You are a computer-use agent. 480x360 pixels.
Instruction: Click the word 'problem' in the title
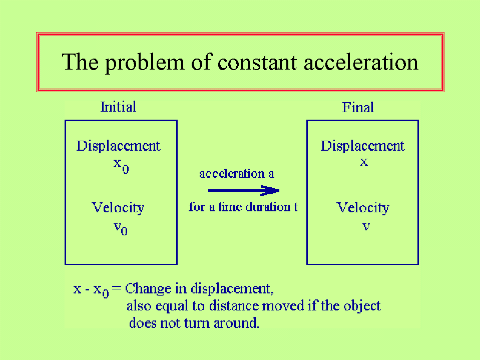pos(145,64)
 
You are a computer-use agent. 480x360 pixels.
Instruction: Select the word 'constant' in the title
pos(257,63)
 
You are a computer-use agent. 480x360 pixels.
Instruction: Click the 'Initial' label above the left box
pos(119,107)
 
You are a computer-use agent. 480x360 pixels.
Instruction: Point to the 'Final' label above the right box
pos(358,108)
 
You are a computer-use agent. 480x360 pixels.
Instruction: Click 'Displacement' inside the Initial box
pos(118,146)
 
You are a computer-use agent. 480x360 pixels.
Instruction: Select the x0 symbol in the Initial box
pos(121,166)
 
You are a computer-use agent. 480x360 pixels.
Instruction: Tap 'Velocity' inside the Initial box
pos(118,208)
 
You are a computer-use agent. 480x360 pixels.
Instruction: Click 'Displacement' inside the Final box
pos(362,146)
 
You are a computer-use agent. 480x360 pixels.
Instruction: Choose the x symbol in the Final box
pos(364,162)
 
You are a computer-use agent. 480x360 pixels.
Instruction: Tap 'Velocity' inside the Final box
pos(363,208)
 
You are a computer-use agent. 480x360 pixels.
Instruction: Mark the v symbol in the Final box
pos(366,226)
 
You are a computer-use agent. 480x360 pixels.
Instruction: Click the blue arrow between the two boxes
pos(244,190)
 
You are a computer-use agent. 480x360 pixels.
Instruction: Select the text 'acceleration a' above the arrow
pos(237,174)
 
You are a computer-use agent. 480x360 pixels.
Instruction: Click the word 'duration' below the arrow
pos(268,207)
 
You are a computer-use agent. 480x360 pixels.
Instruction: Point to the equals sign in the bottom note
pos(117,288)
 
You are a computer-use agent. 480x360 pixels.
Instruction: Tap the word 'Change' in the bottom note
pos(148,289)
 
